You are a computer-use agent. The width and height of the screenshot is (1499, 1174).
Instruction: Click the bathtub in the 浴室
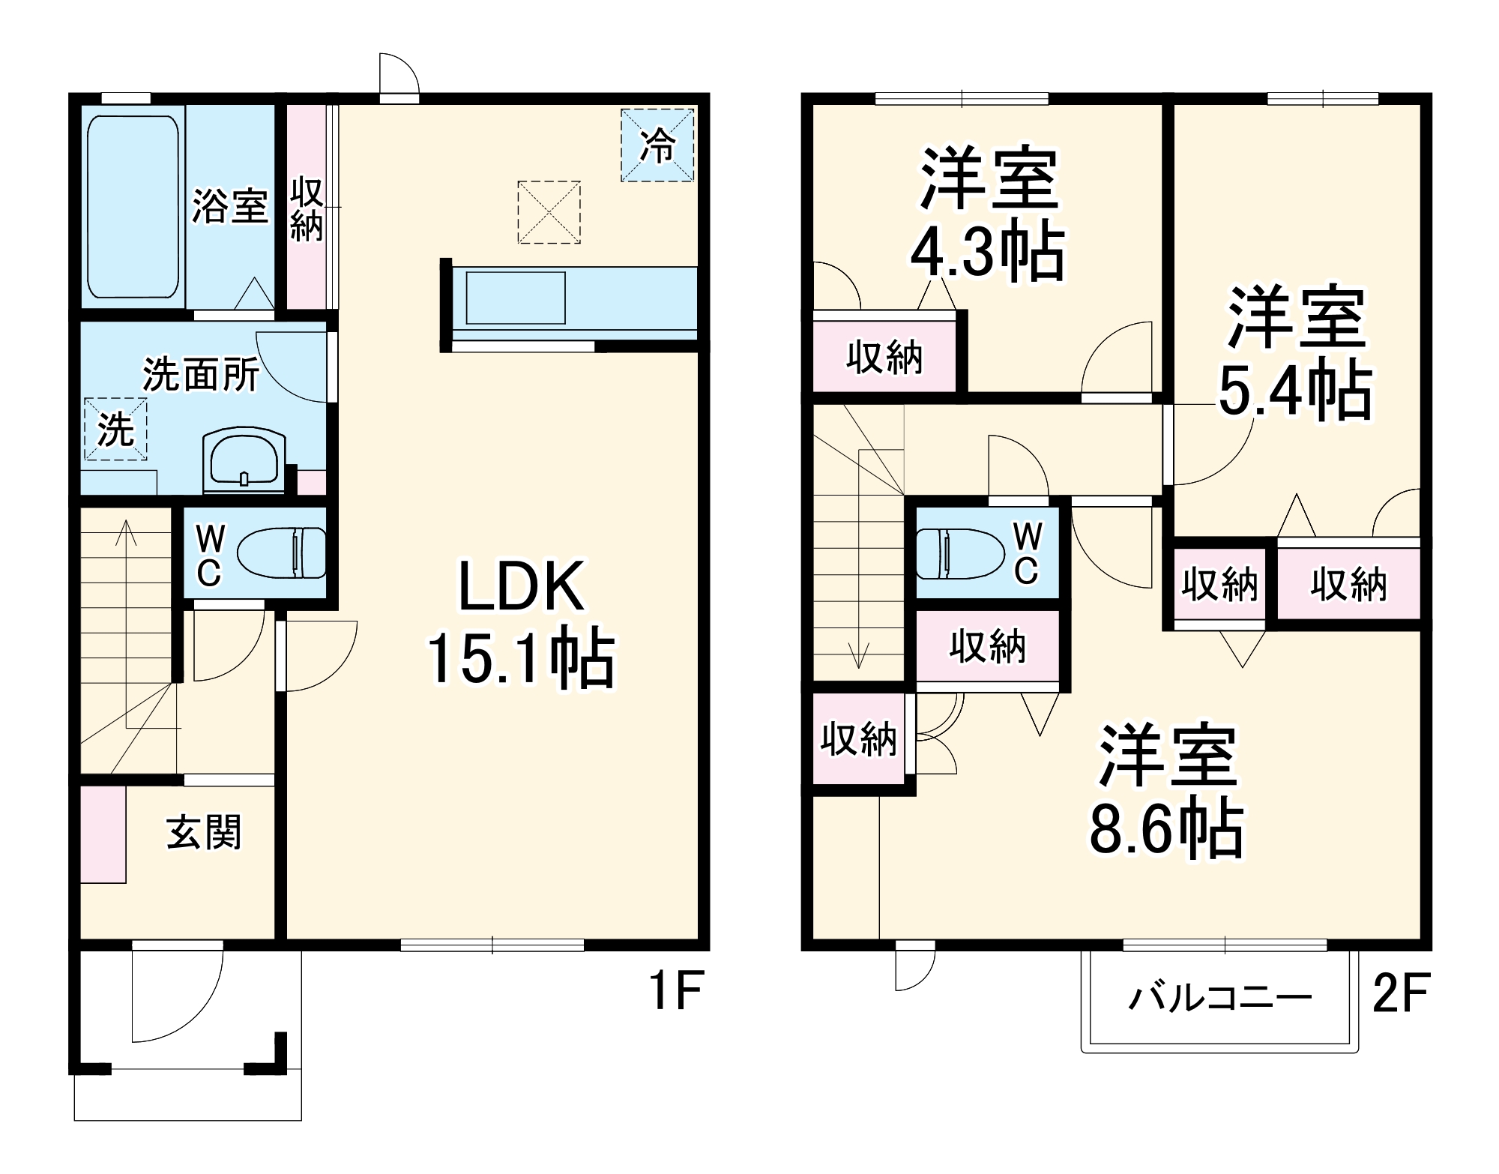(133, 206)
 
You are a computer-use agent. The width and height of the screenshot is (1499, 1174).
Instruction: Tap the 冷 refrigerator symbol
(657, 145)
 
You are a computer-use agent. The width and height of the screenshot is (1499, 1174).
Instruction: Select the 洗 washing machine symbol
(115, 429)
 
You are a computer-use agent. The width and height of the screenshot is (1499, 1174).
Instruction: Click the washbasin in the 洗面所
(244, 460)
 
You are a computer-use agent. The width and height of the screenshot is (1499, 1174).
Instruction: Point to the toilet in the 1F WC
(281, 553)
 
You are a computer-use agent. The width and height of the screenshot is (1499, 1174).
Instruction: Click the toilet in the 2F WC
(960, 553)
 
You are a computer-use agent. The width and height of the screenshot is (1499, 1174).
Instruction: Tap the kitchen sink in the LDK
(516, 298)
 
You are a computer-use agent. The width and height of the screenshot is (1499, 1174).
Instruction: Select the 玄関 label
(204, 832)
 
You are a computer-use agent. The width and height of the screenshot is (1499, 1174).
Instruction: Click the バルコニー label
(1220, 998)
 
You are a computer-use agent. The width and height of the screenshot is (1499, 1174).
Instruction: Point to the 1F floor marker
(675, 991)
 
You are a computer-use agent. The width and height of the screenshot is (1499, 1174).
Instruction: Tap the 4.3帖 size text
(987, 251)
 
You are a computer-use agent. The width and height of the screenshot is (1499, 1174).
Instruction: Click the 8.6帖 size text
(1166, 830)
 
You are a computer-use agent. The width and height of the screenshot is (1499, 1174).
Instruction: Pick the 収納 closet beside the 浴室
(307, 208)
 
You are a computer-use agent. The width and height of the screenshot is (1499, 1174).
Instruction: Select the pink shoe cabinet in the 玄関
(103, 834)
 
